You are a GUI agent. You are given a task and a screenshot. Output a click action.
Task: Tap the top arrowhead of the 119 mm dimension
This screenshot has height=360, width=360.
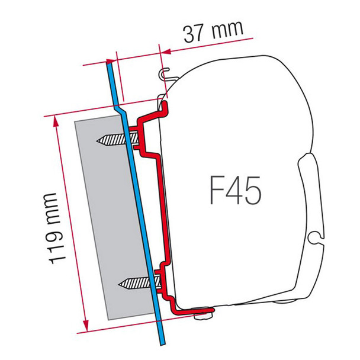point(57,118)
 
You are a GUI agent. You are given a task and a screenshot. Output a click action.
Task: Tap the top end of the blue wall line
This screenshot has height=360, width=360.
point(109,61)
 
